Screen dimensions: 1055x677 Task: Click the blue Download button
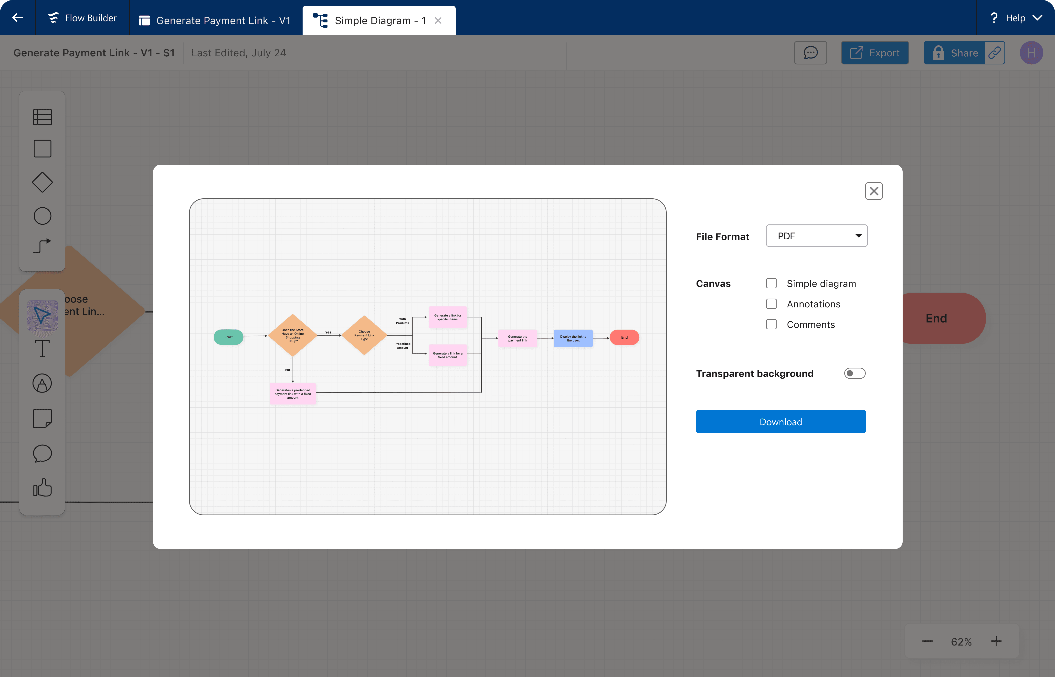781,422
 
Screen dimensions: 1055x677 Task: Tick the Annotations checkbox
771,304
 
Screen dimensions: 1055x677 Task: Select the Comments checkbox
771,324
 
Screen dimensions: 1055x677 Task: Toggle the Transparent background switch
855,373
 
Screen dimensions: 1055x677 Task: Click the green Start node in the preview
228,337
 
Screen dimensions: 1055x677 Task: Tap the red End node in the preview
624,337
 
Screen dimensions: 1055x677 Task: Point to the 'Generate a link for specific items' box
447,317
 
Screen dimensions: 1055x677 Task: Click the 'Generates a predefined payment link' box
293,394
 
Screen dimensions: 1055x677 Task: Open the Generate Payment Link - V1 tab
216,20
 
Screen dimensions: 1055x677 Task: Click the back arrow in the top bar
18,18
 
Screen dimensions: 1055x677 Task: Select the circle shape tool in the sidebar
42,216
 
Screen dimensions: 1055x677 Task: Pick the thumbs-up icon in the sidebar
42,487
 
